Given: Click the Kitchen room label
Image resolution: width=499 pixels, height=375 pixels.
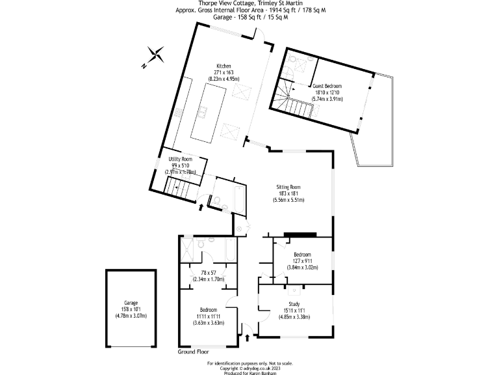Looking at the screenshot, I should (x=224, y=65).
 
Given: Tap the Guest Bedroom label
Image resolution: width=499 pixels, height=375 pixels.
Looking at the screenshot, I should (x=327, y=86).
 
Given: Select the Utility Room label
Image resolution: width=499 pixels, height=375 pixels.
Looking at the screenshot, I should (x=180, y=159).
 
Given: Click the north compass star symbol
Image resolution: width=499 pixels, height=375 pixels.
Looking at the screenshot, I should (x=155, y=55).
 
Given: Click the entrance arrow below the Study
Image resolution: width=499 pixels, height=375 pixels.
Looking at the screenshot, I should (x=248, y=337).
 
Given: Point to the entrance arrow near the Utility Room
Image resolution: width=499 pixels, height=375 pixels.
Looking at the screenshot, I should (x=201, y=208).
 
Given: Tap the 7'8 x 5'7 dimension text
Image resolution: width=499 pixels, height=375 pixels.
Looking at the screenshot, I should (x=209, y=273).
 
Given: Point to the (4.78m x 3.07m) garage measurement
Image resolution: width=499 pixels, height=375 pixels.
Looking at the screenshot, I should (x=131, y=316).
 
